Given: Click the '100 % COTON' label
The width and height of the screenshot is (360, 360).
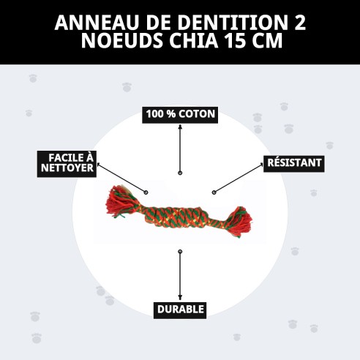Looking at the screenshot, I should [x=180, y=114].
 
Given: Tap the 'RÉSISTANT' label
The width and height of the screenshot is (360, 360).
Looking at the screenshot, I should [x=293, y=162].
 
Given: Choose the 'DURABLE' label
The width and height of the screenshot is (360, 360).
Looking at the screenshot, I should [x=180, y=310].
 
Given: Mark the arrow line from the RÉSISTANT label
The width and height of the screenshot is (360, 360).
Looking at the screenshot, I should [x=238, y=180].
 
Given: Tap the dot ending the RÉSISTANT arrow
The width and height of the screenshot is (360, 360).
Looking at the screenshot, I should [x=214, y=192].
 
